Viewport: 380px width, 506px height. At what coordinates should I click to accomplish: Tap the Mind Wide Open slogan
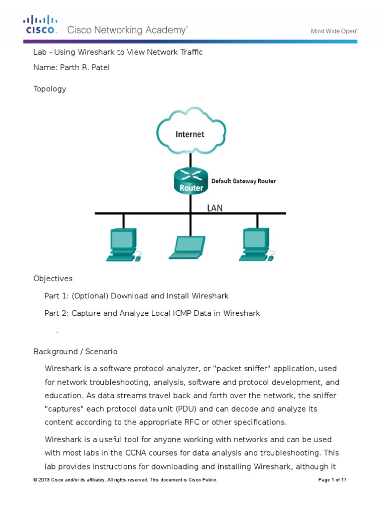click(334, 31)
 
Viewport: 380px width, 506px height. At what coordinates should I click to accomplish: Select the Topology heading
click(49, 89)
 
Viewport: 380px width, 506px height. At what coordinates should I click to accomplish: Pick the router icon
click(190, 181)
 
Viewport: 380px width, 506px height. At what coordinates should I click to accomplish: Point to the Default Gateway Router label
click(243, 181)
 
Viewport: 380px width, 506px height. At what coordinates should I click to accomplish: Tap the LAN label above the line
click(214, 208)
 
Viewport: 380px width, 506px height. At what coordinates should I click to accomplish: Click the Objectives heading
click(53, 279)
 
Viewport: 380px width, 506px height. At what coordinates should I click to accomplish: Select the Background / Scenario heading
click(75, 352)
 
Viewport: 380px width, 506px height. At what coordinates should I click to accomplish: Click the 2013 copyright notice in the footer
click(125, 480)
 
